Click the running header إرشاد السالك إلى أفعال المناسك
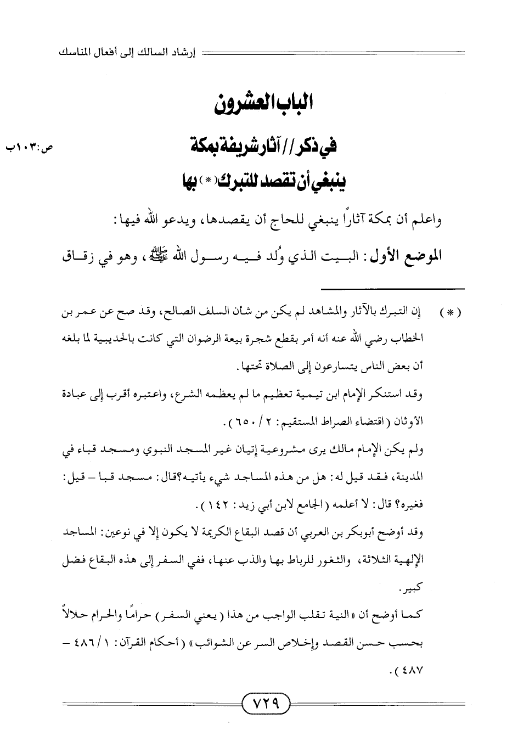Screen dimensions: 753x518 (127, 54)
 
